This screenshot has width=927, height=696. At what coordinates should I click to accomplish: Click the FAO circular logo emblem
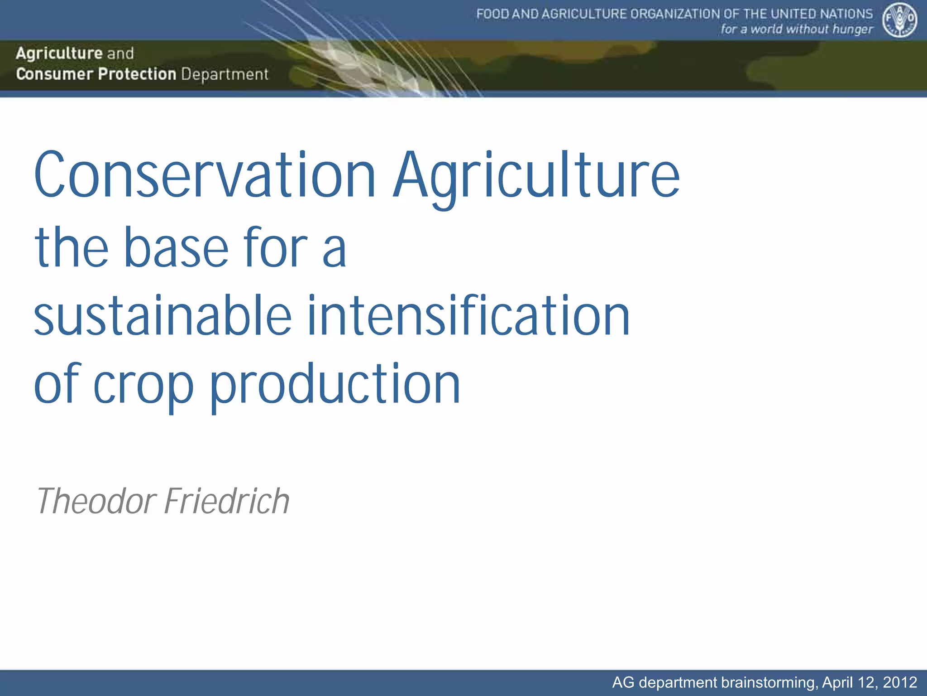coord(899,21)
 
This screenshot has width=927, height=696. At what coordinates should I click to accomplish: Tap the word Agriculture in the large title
coord(536,177)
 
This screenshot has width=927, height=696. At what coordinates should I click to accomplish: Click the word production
coord(335,385)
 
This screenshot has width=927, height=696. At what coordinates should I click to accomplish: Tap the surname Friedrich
coord(227,501)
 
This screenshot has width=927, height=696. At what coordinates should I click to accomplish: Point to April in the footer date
coord(837,682)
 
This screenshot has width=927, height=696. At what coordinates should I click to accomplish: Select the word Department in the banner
coord(225,74)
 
